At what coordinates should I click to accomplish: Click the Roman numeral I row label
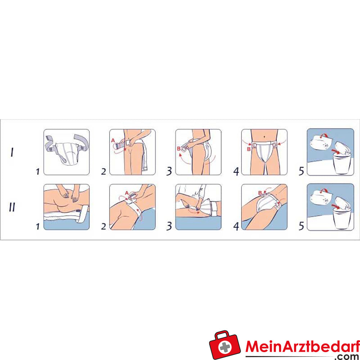[12, 152]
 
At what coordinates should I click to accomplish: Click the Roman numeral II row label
[12, 207]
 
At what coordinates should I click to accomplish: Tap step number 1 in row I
[38, 171]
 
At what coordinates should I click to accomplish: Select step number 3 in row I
[169, 171]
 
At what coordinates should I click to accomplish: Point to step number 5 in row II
[301, 226]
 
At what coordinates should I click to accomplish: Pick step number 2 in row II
[104, 226]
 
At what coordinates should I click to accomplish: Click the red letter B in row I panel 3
[179, 149]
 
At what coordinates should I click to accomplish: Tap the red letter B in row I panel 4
[248, 149]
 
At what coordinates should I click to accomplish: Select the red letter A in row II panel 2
[127, 193]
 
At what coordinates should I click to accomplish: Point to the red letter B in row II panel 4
[260, 193]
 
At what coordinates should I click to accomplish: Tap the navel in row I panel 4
[264, 137]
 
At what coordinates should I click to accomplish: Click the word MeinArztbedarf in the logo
[303, 346]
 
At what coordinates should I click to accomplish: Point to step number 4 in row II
[236, 226]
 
